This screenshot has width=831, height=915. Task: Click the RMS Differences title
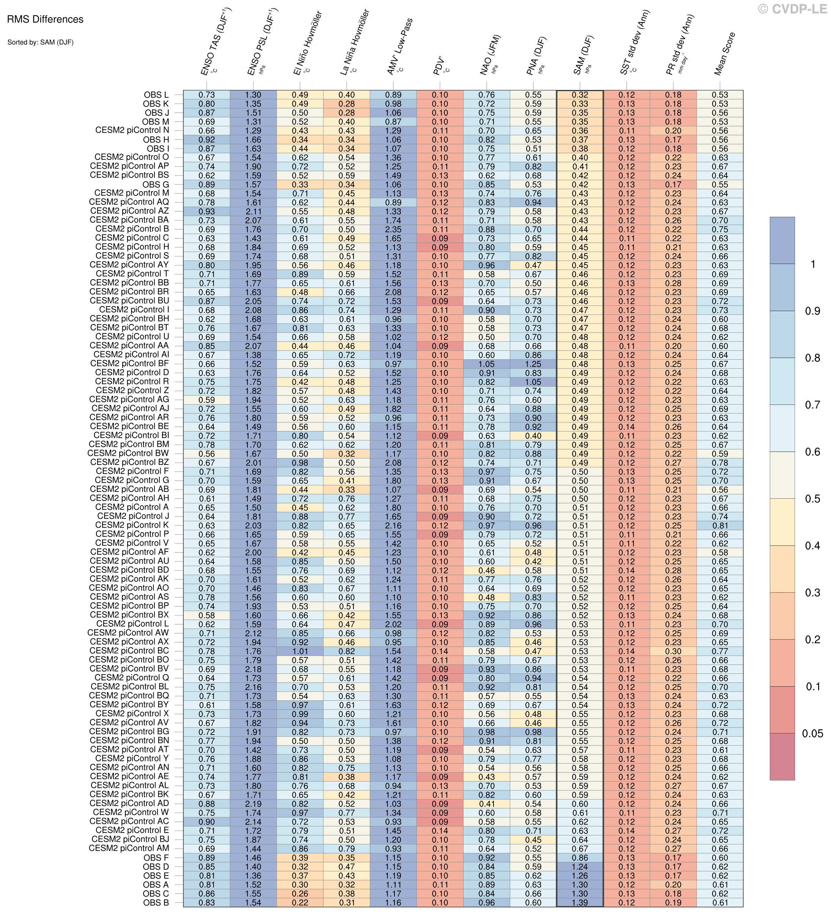pos(45,19)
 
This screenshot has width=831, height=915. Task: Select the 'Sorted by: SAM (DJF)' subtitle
pos(40,43)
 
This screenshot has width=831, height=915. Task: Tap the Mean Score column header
pos(724,54)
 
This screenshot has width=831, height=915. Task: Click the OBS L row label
pos(156,95)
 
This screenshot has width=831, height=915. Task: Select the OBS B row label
pos(156,902)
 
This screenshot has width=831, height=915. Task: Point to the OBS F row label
pos(156,858)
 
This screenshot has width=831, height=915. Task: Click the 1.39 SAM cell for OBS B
pos(580,902)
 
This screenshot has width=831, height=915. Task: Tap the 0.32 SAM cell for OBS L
pos(580,95)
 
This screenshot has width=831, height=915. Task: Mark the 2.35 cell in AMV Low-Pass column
pos(393,229)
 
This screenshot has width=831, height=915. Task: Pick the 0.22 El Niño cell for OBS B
pos(300,902)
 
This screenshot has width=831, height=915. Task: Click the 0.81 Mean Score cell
pos(720,526)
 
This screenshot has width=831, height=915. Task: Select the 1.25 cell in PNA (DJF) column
pos(533,364)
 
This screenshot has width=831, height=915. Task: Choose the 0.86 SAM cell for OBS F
pos(580,858)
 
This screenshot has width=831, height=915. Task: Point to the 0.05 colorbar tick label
pos(812,734)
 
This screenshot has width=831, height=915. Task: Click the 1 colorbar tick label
pos(813,264)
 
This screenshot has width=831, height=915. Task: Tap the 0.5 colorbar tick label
pos(812,499)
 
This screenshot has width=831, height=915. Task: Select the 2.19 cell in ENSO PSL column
pos(253,804)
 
